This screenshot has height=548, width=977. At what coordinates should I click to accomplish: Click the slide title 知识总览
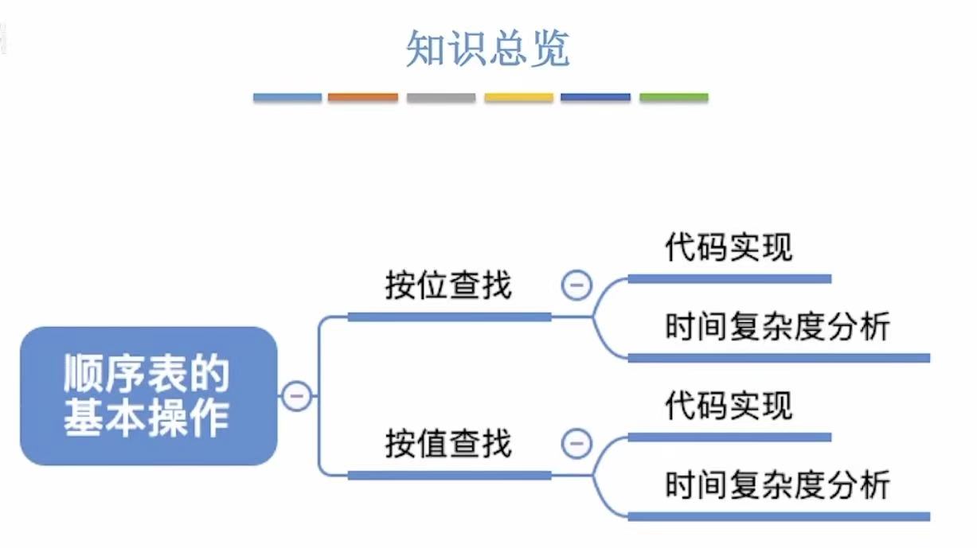pyautogui.click(x=488, y=49)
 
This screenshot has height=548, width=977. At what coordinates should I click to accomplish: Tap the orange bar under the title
pyautogui.click(x=363, y=98)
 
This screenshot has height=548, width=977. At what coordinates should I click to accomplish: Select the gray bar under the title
pyautogui.click(x=441, y=98)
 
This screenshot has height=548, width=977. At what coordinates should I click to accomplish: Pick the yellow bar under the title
pyautogui.click(x=518, y=98)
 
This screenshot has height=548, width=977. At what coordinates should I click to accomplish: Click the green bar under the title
pyautogui.click(x=674, y=98)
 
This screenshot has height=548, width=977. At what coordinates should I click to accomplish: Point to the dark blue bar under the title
pyautogui.click(x=596, y=98)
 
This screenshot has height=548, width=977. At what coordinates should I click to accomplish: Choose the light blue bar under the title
pyautogui.click(x=287, y=98)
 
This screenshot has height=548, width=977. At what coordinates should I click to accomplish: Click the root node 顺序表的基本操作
pyautogui.click(x=148, y=395)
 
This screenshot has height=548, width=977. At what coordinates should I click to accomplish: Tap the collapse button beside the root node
pyautogui.click(x=297, y=395)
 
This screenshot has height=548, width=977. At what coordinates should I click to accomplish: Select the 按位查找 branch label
pyautogui.click(x=448, y=286)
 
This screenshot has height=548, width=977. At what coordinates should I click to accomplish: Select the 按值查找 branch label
pyautogui.click(x=448, y=444)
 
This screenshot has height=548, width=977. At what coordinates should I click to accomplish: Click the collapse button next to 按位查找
pyautogui.click(x=576, y=285)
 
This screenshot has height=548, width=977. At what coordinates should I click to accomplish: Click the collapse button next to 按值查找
pyautogui.click(x=576, y=443)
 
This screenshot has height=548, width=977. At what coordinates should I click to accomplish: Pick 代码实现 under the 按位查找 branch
pyautogui.click(x=729, y=248)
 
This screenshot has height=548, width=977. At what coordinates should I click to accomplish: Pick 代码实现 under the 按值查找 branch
pyautogui.click(x=729, y=406)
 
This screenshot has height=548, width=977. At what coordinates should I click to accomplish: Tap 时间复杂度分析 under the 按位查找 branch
pyautogui.click(x=777, y=327)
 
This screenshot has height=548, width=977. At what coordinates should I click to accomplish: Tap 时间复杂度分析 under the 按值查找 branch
pyautogui.click(x=777, y=485)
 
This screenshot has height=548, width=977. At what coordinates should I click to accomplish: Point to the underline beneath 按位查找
pyautogui.click(x=449, y=317)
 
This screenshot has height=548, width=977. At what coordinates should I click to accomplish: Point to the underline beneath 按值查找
pyautogui.click(x=449, y=476)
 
